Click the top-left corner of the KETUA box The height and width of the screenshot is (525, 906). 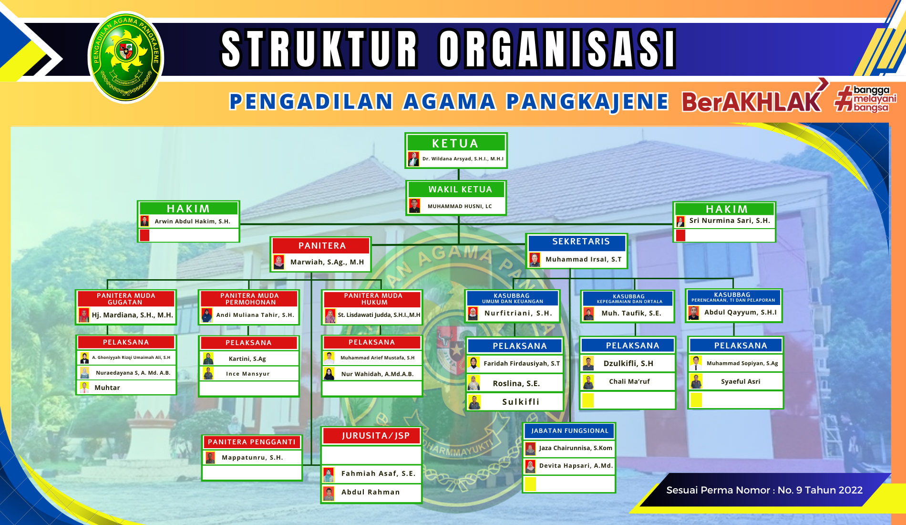(405, 133)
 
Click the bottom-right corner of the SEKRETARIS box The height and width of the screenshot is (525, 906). (628, 269)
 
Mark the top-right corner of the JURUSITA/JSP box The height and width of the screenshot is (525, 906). (422, 427)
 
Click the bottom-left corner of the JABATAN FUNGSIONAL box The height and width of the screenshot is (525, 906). (523, 493)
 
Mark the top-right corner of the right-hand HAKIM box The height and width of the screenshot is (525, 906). (776, 202)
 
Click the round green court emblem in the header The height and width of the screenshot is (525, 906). (126, 57)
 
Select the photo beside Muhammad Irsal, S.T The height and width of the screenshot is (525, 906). (535, 260)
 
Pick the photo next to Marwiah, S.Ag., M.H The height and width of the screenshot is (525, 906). (279, 262)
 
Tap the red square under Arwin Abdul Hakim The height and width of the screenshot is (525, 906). (144, 235)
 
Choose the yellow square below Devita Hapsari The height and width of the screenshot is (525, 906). (530, 484)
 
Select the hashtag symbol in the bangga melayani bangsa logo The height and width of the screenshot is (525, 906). (844, 98)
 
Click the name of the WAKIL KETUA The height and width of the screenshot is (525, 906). (460, 206)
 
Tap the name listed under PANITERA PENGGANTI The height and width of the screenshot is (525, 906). (252, 458)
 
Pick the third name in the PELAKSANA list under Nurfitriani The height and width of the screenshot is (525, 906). (521, 402)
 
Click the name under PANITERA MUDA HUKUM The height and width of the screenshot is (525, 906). (379, 315)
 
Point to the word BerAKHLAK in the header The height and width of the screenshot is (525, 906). (752, 101)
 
